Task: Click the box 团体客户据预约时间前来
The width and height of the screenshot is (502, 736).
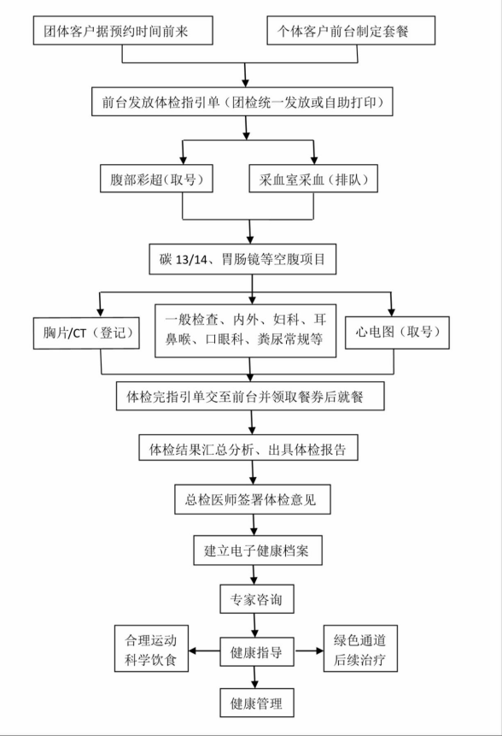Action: [123, 31]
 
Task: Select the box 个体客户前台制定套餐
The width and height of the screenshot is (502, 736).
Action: [351, 31]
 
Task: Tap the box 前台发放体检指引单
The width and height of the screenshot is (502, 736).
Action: [242, 102]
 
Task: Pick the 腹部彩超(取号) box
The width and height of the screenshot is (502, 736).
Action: [156, 179]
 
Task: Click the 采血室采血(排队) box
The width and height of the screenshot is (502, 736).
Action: [313, 179]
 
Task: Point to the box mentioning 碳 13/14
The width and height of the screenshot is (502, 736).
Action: [242, 259]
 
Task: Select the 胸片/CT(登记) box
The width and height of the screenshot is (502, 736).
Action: [86, 333]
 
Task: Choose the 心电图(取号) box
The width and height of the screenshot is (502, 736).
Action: [397, 333]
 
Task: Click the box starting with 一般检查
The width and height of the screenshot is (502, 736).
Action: [246, 331]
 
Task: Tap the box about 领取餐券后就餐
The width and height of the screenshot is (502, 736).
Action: [250, 396]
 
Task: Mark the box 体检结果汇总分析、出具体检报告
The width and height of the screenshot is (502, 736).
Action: [248, 448]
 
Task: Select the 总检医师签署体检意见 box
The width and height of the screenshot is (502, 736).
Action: [252, 499]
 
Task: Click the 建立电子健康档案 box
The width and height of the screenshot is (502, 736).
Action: [258, 551]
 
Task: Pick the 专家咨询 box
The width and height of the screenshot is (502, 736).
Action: [257, 599]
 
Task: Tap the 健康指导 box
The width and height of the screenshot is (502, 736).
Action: [257, 651]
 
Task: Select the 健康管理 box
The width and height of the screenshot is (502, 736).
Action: [257, 703]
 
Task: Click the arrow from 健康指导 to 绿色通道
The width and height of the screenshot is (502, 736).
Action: [309, 651]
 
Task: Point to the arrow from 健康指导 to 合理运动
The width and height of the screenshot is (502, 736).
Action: [204, 651]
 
